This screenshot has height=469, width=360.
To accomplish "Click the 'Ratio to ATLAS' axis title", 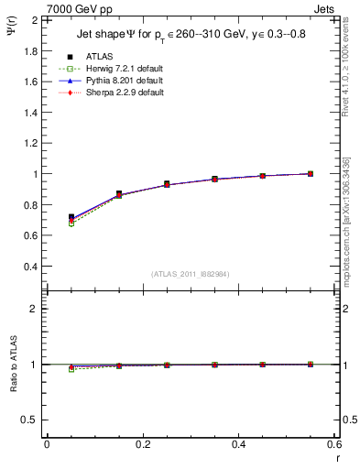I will click(12, 365).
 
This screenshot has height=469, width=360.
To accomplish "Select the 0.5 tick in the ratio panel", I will click(29, 420).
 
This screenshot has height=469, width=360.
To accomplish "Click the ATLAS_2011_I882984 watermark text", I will click(190, 274).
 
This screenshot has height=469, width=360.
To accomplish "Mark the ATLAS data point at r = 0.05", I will click(71, 217).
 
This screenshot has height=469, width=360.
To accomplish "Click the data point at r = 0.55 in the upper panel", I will click(311, 173).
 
